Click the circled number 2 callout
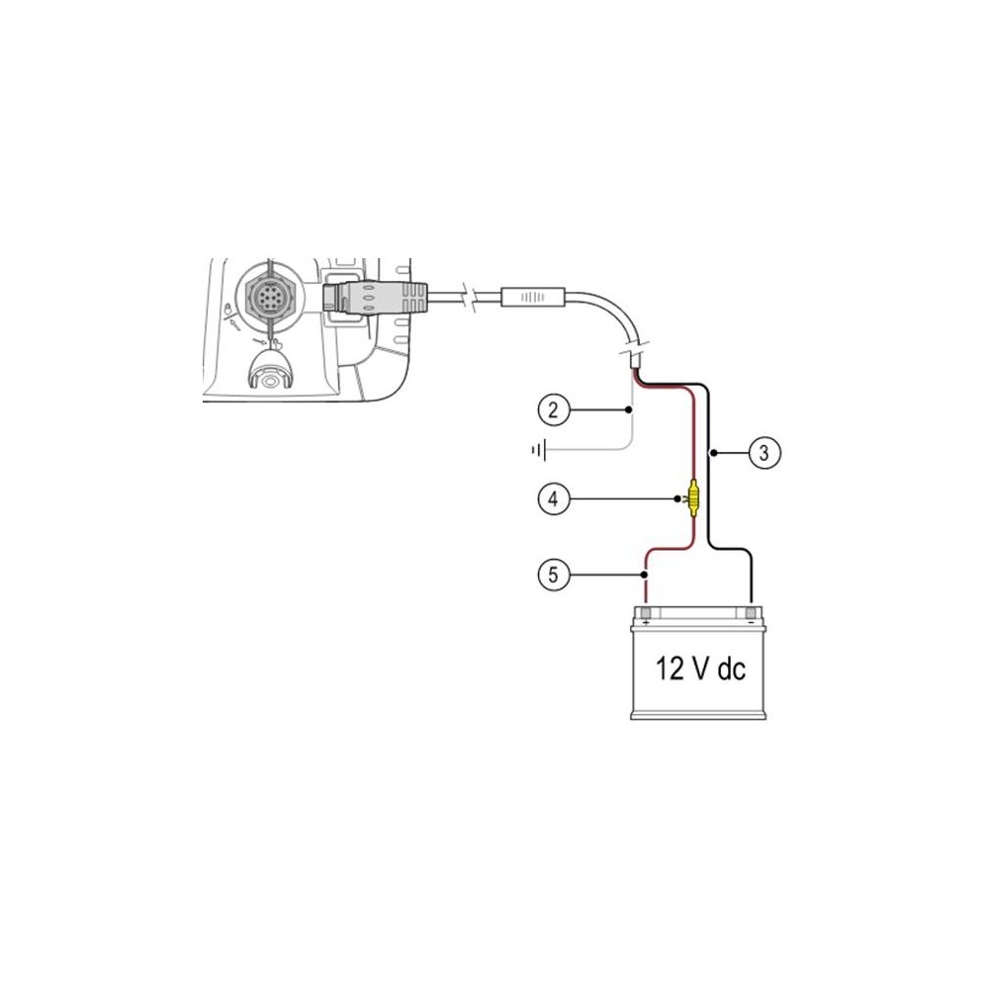point(553,410)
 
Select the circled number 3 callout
point(764,452)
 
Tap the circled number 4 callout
point(553,498)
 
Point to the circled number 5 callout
point(553,575)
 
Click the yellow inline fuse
point(694,498)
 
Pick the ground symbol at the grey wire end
point(539,450)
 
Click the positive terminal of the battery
point(645,614)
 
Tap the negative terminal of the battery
point(751,614)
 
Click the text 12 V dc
point(700,669)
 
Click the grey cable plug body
point(375,297)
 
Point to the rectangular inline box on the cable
point(533,297)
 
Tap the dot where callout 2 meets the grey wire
point(628,410)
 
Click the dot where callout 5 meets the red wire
point(644,575)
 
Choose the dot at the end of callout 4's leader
point(678,498)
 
